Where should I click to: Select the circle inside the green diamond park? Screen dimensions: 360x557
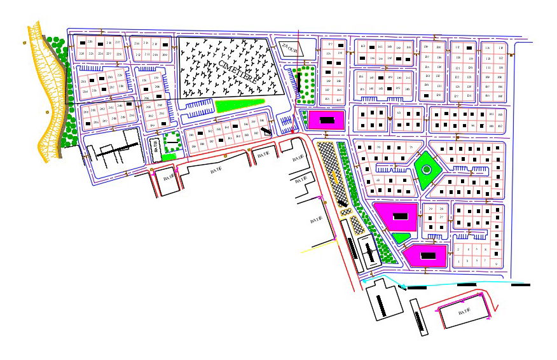pos(426,170)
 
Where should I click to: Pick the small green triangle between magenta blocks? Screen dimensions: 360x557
pos(401,238)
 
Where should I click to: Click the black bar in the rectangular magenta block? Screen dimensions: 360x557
pos(327,119)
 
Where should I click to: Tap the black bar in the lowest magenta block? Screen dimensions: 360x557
pos(427,255)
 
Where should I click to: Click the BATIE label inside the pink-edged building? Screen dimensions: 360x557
pos(464,311)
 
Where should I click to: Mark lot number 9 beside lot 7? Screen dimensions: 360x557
pos(495,264)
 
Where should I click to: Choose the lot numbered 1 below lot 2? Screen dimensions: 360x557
pos(459,260)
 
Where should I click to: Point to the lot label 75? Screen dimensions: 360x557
pos(410,148)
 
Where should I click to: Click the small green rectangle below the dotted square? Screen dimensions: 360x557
pos(168,156)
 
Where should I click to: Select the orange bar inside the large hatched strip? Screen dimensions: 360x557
pos(335,178)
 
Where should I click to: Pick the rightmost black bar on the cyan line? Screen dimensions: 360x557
pos(519,284)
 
